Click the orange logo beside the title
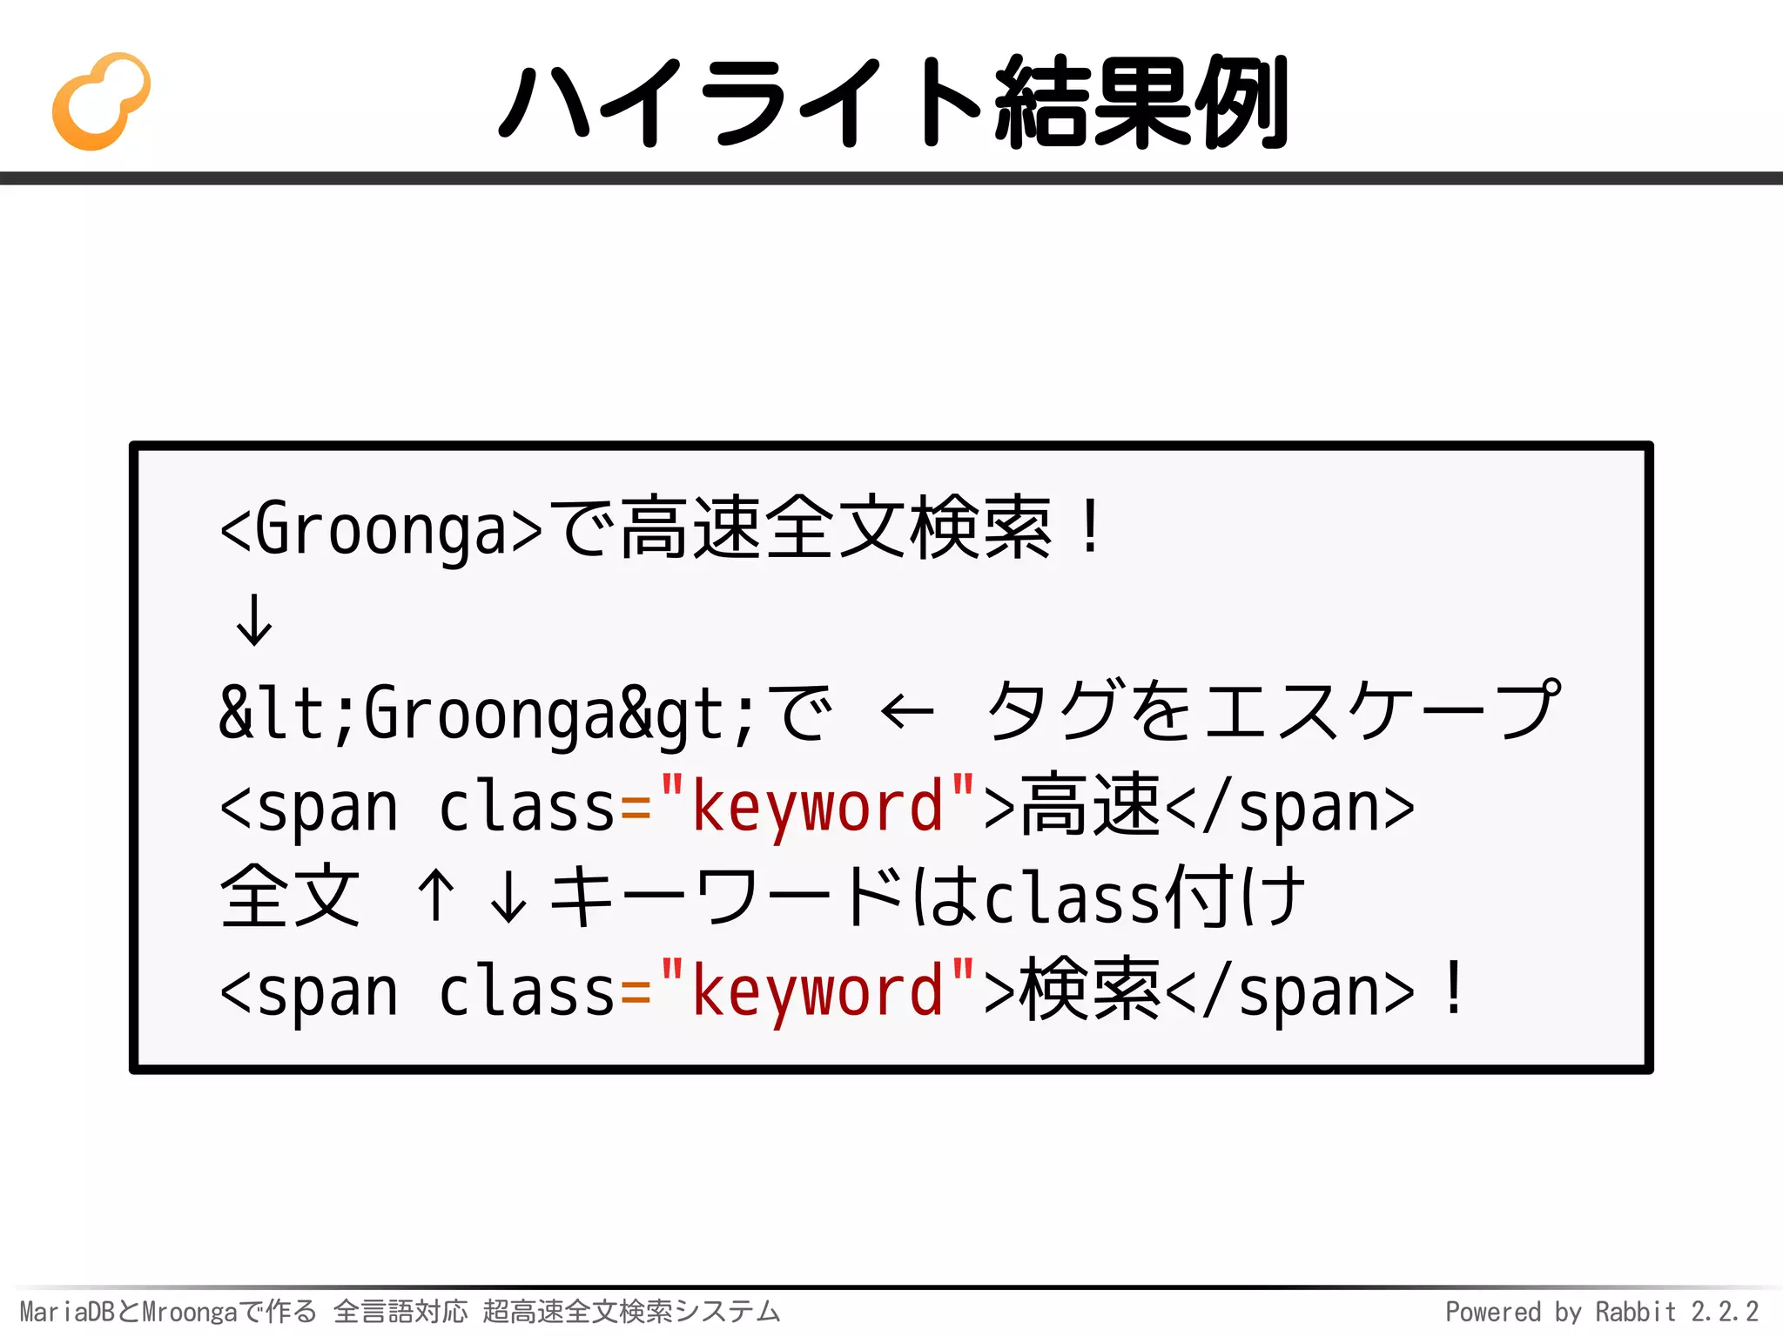(100, 102)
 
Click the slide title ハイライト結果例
(893, 102)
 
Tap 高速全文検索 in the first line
(836, 528)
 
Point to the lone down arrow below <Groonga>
(254, 620)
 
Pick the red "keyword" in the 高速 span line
(817, 806)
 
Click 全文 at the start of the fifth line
(290, 897)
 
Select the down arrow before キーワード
(508, 897)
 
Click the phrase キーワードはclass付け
(927, 897)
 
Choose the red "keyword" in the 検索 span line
(817, 991)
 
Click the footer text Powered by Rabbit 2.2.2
(1601, 1312)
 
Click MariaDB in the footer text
(66, 1312)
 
